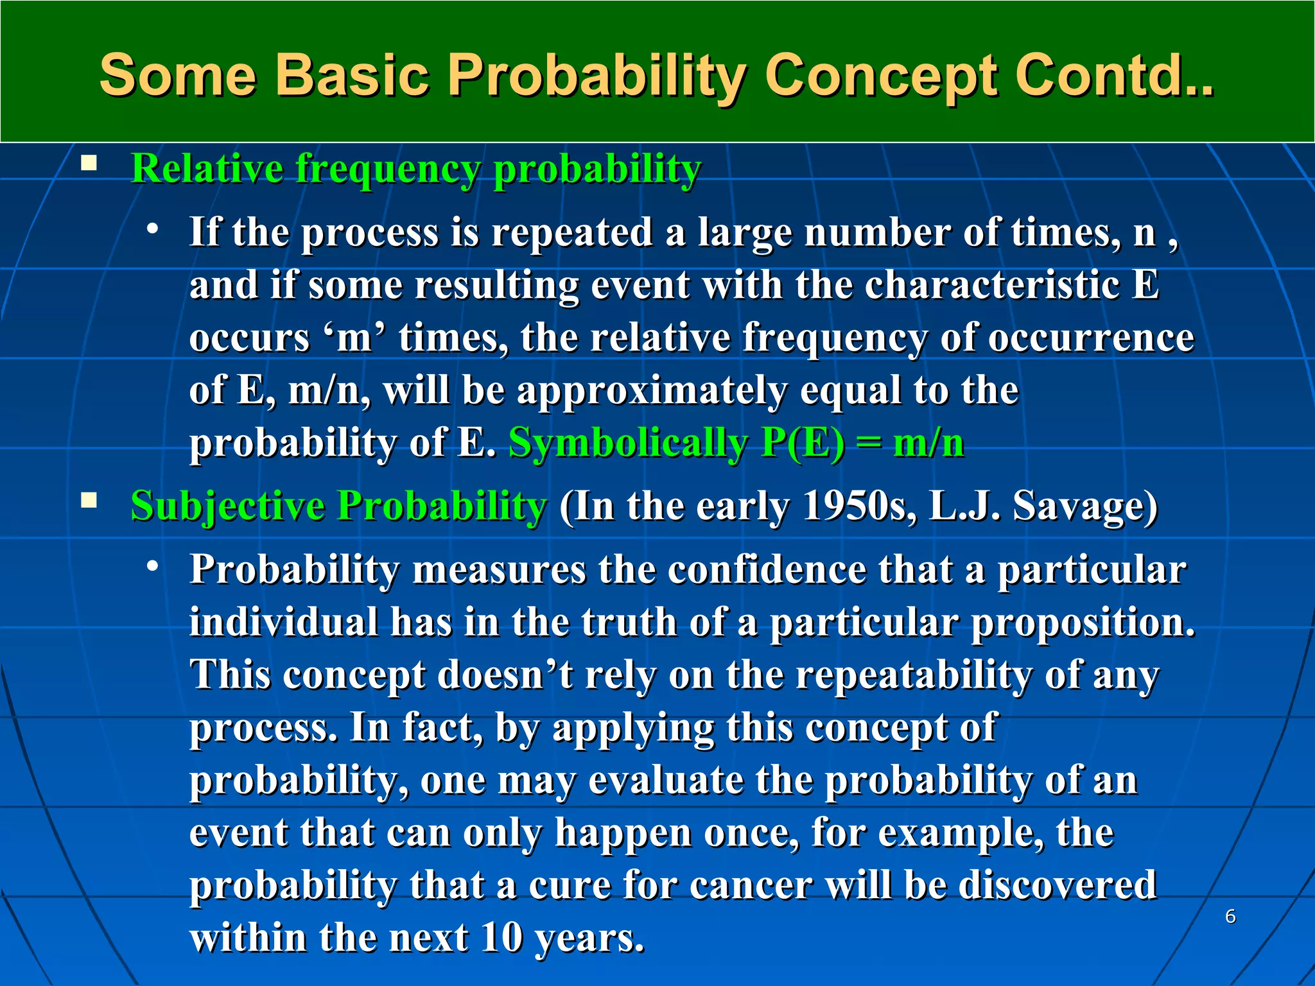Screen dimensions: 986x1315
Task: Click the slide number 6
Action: pyautogui.click(x=1230, y=917)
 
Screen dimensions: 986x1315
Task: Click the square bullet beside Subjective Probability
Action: pyautogui.click(x=89, y=500)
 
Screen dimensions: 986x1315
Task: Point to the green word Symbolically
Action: pyautogui.click(x=627, y=443)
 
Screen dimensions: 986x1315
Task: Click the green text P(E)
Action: pyautogui.click(x=803, y=443)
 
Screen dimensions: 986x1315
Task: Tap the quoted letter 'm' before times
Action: pyautogui.click(x=354, y=338)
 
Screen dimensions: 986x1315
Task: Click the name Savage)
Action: pyautogui.click(x=1084, y=506)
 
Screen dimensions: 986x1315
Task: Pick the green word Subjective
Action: pyautogui.click(x=227, y=506)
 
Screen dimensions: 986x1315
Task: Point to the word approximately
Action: pyautogui.click(x=652, y=392)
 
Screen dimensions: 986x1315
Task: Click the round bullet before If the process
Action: pyautogui.click(x=152, y=229)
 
